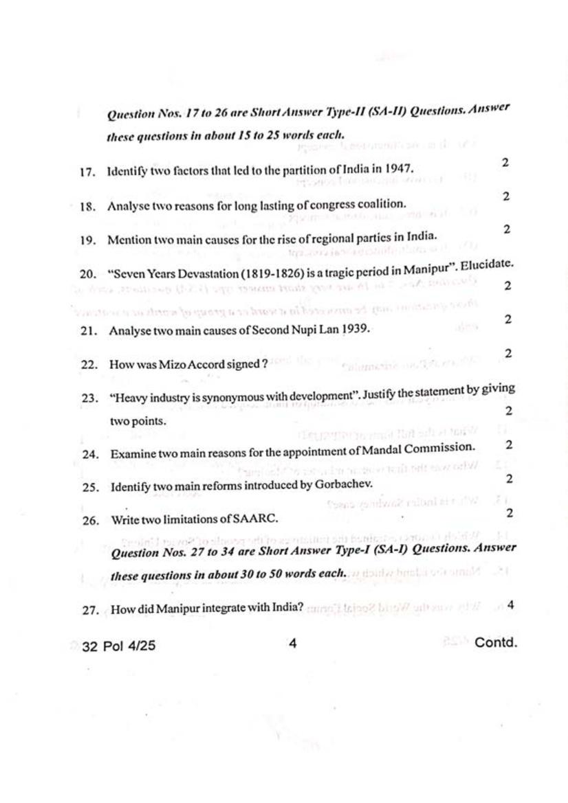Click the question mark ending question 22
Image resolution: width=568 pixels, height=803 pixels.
coord(265,364)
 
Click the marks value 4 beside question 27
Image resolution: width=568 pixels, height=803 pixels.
coord(510,604)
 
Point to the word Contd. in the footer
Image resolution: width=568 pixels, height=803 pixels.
coord(495,643)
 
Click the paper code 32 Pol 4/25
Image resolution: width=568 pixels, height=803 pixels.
coord(118,646)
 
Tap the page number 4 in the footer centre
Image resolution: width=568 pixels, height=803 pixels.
coord(292,644)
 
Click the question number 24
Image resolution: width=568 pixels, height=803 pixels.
coord(90,454)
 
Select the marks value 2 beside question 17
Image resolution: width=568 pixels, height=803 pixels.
coord(505,163)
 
